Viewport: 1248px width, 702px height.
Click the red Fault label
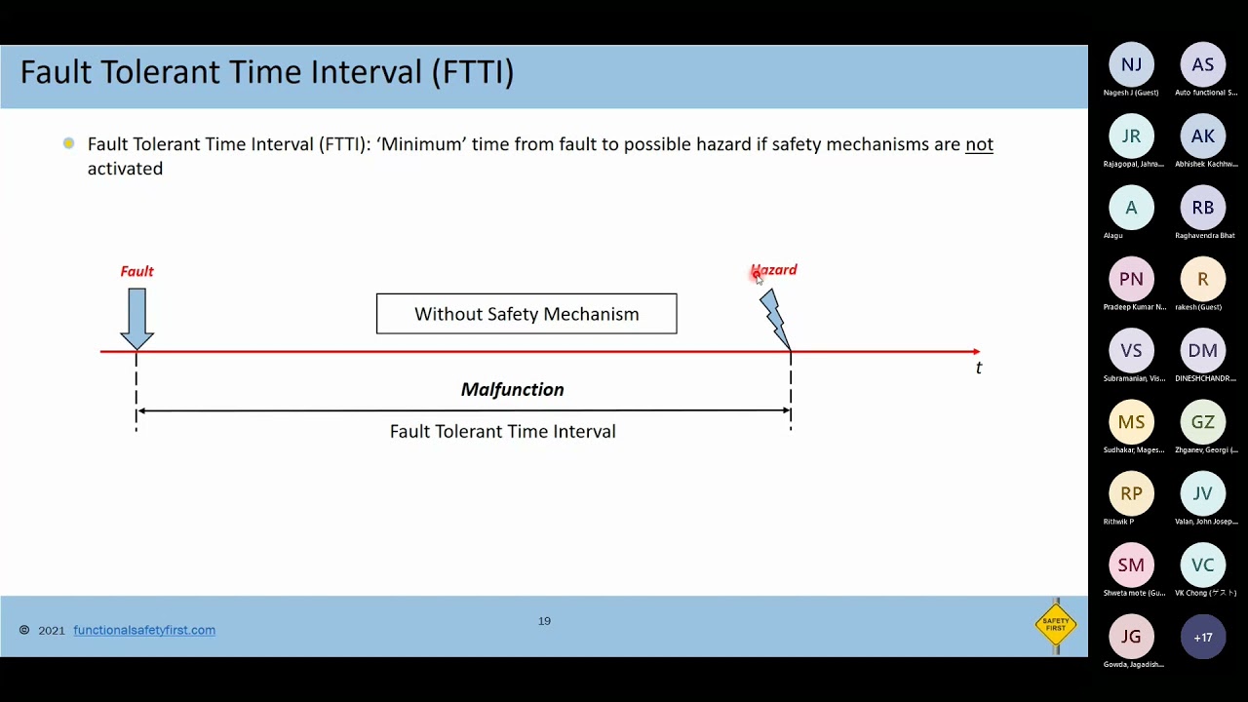136,271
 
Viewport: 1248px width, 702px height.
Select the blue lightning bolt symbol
774,318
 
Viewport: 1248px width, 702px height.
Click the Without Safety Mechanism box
526,314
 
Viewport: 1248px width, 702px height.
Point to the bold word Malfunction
512,389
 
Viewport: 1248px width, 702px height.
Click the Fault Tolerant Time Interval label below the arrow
502,431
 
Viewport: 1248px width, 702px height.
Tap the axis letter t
979,368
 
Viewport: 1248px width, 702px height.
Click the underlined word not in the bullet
979,144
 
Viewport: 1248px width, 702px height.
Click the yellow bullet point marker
68,143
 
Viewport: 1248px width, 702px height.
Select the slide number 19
544,621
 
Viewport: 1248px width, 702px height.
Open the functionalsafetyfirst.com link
144,630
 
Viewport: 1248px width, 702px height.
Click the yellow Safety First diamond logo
1056,624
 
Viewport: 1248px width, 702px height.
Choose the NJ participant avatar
1131,65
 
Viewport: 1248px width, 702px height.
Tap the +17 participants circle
1202,638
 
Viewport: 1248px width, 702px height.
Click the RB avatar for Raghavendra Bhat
1202,208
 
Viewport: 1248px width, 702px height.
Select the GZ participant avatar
1202,422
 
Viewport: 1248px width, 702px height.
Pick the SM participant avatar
1131,565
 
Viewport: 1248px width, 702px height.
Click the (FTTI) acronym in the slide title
473,72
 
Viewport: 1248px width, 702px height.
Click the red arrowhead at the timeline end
975,351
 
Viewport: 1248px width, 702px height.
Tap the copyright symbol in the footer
24,631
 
